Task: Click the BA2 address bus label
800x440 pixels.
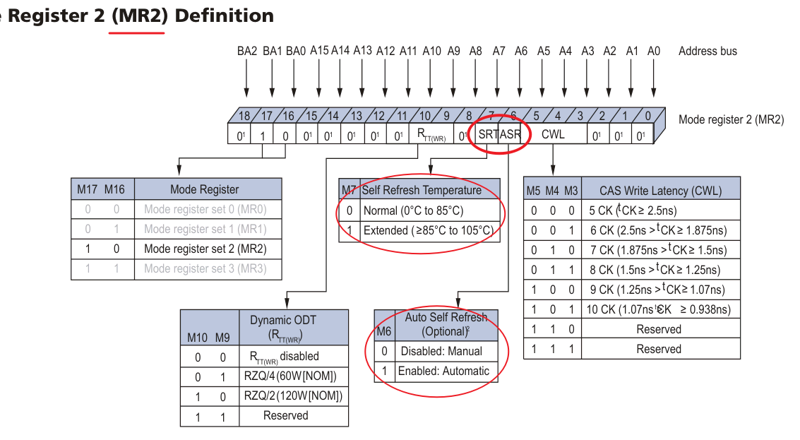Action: click(x=247, y=51)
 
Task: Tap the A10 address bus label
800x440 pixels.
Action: click(x=431, y=51)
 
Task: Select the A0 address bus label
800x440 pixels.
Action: click(x=654, y=51)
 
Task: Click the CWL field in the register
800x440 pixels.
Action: click(x=553, y=133)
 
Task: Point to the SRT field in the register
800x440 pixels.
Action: click(x=487, y=133)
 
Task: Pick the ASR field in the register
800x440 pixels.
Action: click(x=511, y=133)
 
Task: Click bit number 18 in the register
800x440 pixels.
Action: click(x=244, y=116)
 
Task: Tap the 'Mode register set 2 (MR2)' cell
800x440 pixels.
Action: click(x=205, y=249)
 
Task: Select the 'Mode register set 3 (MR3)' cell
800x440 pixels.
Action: click(x=205, y=268)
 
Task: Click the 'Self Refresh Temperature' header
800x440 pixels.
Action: click(x=422, y=190)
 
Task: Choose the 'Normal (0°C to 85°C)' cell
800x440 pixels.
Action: click(x=413, y=210)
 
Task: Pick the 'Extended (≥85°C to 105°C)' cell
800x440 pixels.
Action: click(x=428, y=230)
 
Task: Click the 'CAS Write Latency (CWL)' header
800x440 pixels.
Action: click(x=660, y=190)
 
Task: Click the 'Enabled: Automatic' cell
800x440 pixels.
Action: click(x=443, y=371)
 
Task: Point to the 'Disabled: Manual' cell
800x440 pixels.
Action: click(x=441, y=351)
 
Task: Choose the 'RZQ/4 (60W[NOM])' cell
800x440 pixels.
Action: click(x=290, y=376)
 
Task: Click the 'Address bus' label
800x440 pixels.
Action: click(x=708, y=51)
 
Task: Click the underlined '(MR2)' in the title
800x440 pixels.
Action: click(x=138, y=16)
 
